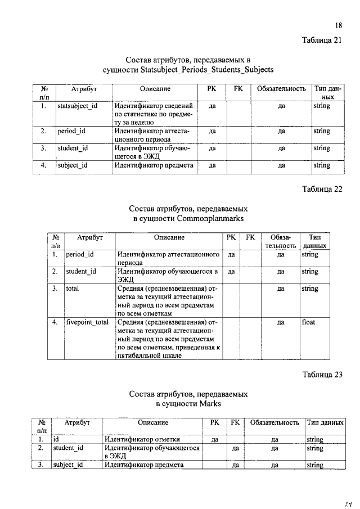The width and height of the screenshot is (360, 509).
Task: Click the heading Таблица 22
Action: tap(322, 189)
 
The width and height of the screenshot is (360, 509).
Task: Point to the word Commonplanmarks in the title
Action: tap(216, 218)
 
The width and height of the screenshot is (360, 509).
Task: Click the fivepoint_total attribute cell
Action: tap(87, 322)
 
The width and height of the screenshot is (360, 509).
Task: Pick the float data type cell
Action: tap(308, 322)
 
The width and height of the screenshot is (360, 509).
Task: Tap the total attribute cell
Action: tap(73, 289)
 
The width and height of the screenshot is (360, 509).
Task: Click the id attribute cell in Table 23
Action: tap(56, 439)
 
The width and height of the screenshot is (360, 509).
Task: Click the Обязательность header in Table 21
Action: tap(281, 89)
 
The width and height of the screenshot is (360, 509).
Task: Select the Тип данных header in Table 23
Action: tap(326, 422)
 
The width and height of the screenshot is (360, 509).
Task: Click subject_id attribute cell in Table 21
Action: tap(73, 165)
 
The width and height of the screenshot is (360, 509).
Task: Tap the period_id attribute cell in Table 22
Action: tap(80, 254)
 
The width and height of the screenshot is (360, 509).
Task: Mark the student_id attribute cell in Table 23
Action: tap(68, 448)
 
